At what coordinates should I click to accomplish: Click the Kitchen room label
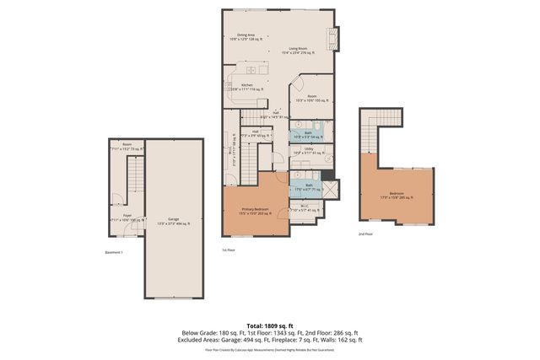click(x=247, y=86)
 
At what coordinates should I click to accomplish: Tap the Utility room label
click(x=309, y=150)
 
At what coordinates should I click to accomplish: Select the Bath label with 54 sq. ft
click(x=308, y=133)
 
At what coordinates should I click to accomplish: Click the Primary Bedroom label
click(x=255, y=212)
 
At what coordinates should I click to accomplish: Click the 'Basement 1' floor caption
click(x=114, y=253)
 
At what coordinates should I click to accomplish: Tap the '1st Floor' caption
click(x=229, y=250)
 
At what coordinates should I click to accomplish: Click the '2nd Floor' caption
click(x=364, y=234)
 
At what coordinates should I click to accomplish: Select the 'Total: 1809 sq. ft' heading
click(x=270, y=324)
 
